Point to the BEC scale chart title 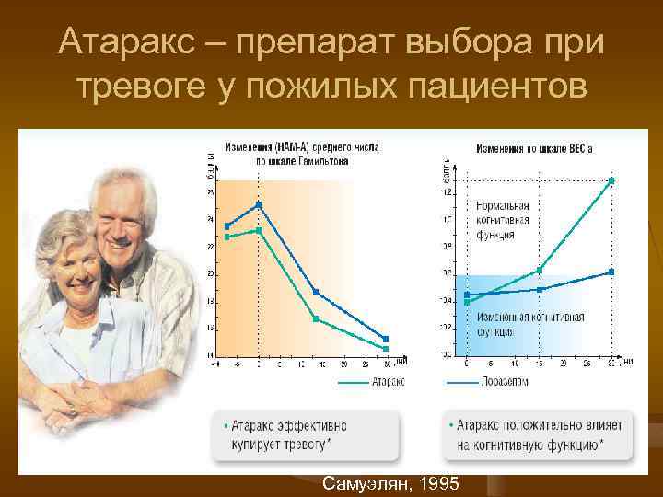[536, 148]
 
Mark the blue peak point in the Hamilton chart [259, 204]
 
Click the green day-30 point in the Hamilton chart [386, 348]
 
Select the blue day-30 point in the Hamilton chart [386, 339]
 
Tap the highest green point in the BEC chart [611, 180]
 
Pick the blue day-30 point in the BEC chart [611, 272]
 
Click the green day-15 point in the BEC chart [540, 270]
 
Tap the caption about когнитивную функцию [536, 434]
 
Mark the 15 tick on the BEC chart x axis [540, 364]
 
